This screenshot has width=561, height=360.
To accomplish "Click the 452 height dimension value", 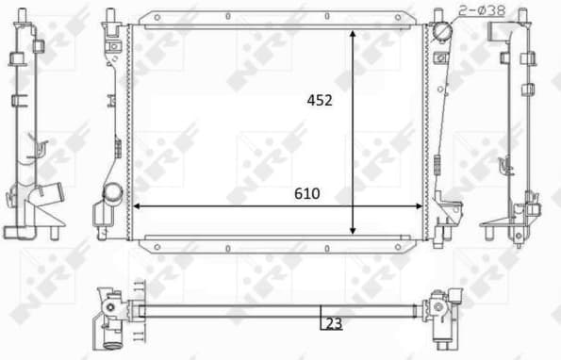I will (x=320, y=101).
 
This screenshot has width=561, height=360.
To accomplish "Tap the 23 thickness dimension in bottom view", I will (x=333, y=323).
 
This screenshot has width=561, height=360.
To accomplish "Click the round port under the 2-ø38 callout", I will (x=442, y=34).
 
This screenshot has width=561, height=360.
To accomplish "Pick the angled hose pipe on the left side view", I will (x=48, y=199).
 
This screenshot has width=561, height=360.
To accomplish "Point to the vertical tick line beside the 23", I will (x=321, y=319).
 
